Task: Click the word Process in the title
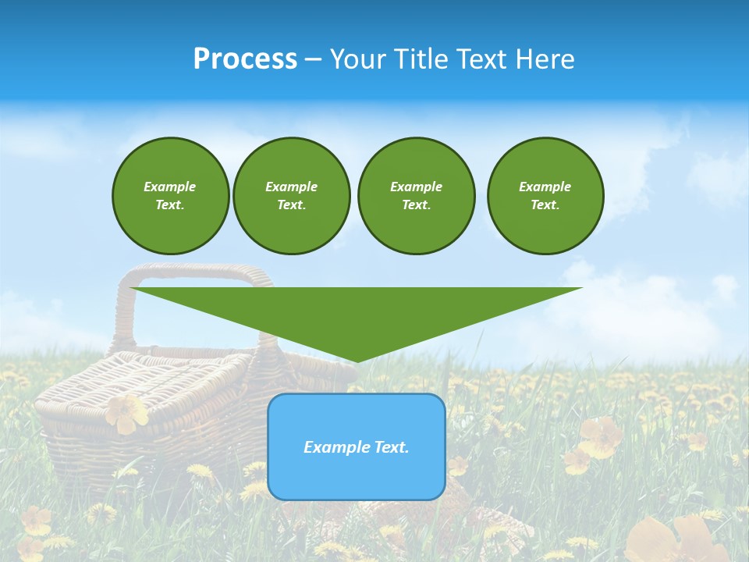tap(245, 59)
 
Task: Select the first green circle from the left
tap(170, 196)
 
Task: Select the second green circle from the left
tap(291, 196)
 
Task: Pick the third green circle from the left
tap(416, 196)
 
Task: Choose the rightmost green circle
tap(545, 196)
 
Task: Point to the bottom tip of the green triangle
tap(357, 361)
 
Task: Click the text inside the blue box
tap(357, 447)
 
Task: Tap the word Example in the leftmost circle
tap(170, 187)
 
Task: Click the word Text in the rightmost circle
tap(544, 205)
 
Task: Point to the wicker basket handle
tap(195, 273)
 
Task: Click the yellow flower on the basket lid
tap(126, 413)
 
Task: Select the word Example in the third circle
tap(416, 187)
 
